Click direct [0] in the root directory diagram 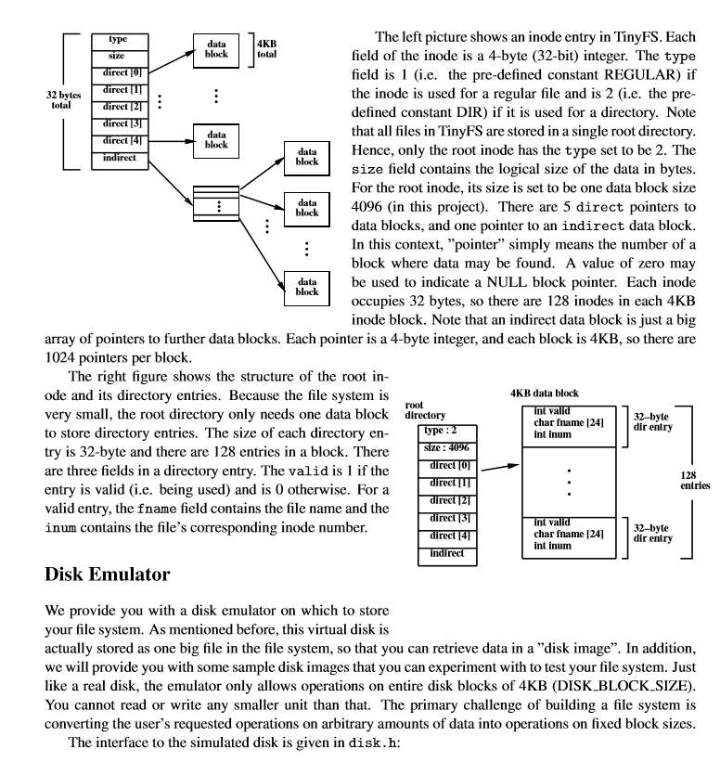click(450, 466)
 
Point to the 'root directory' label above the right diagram click(429, 411)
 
